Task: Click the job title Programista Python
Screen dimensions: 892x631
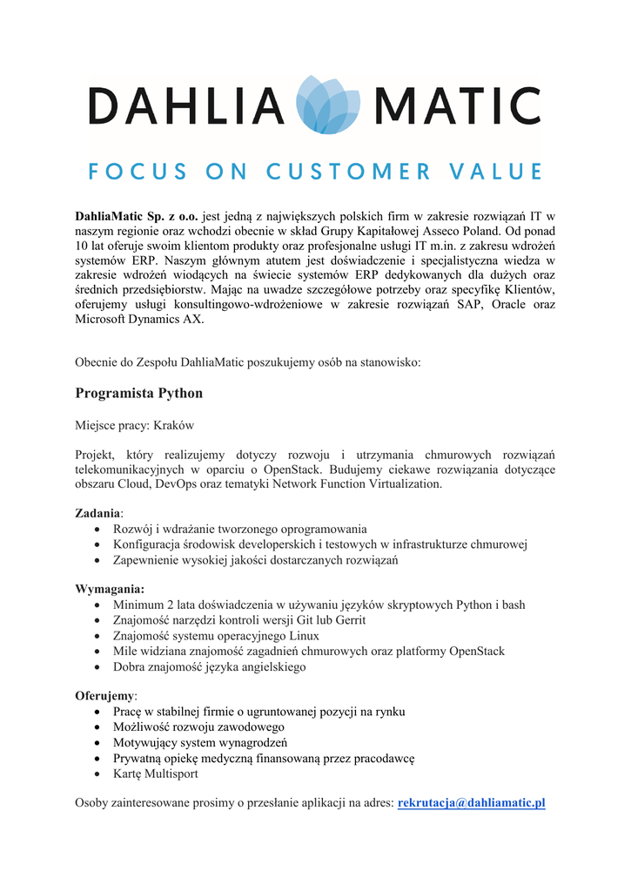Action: pos(138,394)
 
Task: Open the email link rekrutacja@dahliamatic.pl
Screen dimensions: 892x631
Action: pos(471,802)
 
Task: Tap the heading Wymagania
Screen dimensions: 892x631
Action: pos(109,589)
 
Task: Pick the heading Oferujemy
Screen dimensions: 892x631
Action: pos(105,696)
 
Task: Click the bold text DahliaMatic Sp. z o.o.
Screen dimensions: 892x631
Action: pos(137,215)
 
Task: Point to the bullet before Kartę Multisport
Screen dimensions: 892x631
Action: pos(97,774)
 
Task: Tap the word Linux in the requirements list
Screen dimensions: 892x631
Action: pos(304,636)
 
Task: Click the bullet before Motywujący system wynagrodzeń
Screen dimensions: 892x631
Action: pos(97,743)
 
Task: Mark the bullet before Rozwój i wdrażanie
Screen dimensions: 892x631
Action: pos(97,530)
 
